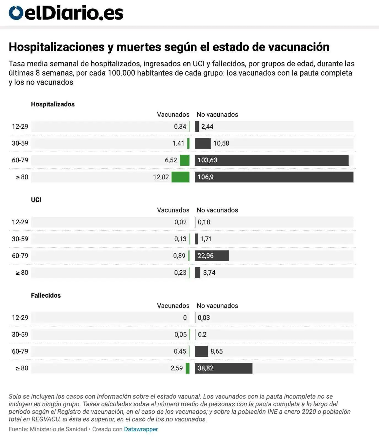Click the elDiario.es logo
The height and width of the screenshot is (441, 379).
(66, 13)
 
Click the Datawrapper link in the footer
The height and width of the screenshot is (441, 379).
(141, 429)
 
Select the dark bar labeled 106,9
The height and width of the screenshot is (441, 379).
(274, 177)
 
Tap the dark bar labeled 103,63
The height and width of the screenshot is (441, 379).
(272, 160)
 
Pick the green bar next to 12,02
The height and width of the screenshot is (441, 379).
(180, 177)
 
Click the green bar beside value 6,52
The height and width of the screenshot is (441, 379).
(184, 160)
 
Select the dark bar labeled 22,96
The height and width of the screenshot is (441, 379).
(212, 256)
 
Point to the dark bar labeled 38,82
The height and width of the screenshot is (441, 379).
(224, 368)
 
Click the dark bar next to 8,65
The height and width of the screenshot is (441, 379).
(201, 351)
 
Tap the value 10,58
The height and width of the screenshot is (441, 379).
(221, 143)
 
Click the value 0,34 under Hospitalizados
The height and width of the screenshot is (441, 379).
(180, 127)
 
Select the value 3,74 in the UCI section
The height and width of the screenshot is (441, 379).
(209, 273)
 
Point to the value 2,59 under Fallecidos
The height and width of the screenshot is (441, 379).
(177, 368)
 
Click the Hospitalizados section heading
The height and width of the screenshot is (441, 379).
(53, 104)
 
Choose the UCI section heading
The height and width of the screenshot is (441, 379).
(36, 200)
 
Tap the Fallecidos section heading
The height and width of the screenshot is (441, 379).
(46, 295)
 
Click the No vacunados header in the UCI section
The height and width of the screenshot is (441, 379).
(217, 210)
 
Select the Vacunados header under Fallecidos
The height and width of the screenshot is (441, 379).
(173, 306)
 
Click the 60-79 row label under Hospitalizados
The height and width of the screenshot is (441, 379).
(20, 160)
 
